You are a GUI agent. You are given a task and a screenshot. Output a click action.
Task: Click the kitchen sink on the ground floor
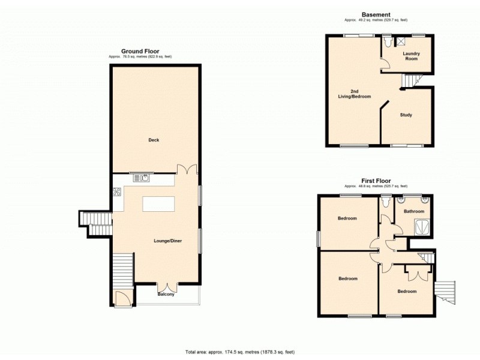pos(142,177)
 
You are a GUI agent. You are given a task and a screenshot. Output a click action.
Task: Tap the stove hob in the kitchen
pos(116,192)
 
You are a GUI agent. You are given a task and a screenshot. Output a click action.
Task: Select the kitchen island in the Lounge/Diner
pos(158,203)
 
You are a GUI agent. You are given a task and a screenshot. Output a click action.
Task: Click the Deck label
pos(154,140)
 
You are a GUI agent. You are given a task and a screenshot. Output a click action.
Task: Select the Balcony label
pos(166,295)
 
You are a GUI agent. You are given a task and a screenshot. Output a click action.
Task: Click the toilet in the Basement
pos(387,43)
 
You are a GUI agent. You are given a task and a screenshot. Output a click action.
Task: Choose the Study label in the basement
pos(406,115)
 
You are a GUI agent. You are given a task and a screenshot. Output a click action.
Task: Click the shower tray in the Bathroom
pos(422,226)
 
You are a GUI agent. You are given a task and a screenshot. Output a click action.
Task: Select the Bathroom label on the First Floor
pos(414,211)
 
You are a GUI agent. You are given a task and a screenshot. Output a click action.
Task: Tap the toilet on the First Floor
pos(385,202)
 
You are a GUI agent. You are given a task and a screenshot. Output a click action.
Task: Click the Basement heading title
pos(376,14)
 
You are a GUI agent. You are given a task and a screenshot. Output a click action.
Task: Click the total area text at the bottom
pos(239,352)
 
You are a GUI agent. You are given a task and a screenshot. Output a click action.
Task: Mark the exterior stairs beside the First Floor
pos(445,292)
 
